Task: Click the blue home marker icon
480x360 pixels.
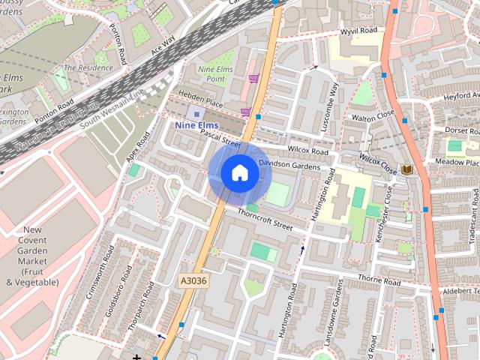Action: (x=239, y=172)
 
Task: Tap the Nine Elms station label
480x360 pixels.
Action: (x=196, y=125)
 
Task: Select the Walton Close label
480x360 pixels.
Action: (x=373, y=117)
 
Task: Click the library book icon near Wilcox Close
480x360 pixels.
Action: (x=407, y=170)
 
